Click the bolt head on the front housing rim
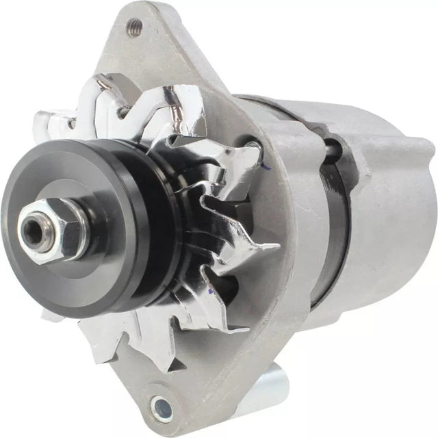click(x=255, y=145)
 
